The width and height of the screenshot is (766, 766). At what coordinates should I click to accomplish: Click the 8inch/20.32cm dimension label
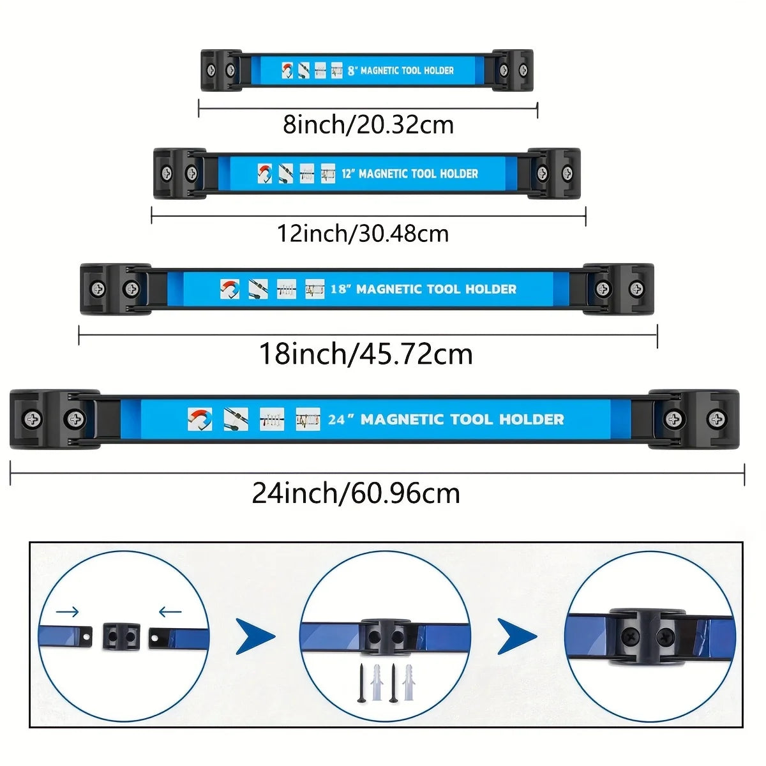click(x=368, y=124)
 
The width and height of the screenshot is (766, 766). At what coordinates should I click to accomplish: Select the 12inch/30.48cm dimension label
click(x=363, y=234)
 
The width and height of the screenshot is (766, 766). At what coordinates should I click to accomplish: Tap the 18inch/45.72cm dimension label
click(x=366, y=354)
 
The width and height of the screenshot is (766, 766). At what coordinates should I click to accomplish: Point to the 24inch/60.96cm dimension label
click(x=356, y=493)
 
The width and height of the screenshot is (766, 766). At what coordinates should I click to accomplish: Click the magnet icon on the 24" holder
click(x=200, y=419)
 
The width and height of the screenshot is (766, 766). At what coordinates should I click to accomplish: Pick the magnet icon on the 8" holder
click(x=287, y=70)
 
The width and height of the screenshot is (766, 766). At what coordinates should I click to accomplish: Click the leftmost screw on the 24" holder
click(x=33, y=419)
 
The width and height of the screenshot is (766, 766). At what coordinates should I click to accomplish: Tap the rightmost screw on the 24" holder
click(x=717, y=419)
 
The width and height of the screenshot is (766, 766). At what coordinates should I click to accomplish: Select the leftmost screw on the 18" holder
click(x=98, y=289)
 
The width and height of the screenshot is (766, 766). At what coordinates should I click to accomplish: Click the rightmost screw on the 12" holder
click(x=567, y=173)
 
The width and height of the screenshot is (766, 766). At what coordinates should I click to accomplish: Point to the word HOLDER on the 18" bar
click(x=491, y=289)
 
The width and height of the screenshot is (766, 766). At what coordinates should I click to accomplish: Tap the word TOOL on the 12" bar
click(x=423, y=174)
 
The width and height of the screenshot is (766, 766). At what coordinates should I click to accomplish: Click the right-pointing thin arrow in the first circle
click(x=68, y=612)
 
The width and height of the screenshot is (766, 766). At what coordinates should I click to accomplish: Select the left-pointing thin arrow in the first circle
click(x=170, y=612)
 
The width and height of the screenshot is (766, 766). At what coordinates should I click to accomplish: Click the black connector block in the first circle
click(x=121, y=636)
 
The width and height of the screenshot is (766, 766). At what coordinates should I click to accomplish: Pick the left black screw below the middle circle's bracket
click(x=362, y=682)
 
